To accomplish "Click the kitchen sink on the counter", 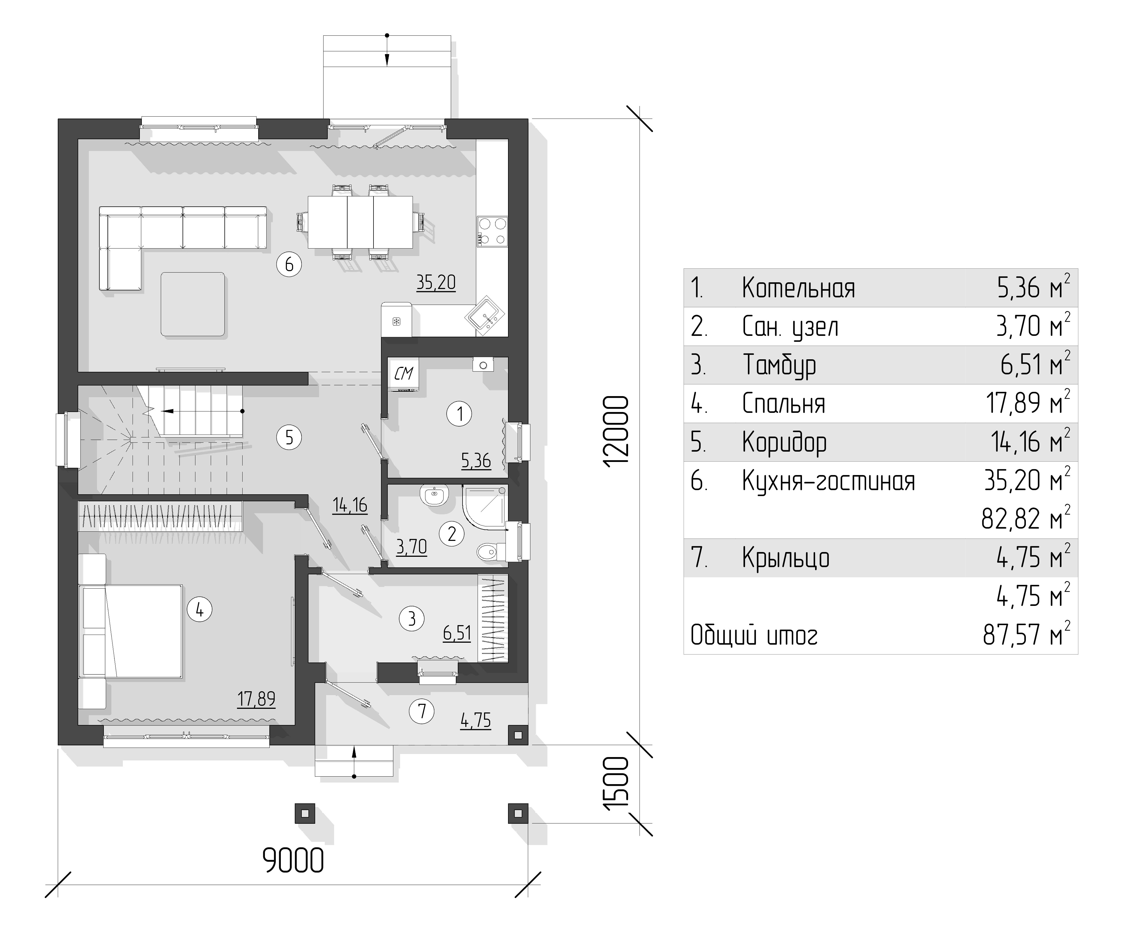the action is [x=485, y=316].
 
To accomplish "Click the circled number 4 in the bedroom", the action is [x=199, y=609].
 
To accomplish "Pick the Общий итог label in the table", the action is [x=754, y=635].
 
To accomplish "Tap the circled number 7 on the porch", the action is [x=422, y=711].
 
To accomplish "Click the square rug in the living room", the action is [x=193, y=304].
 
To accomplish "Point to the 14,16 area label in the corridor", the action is [x=350, y=505].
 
